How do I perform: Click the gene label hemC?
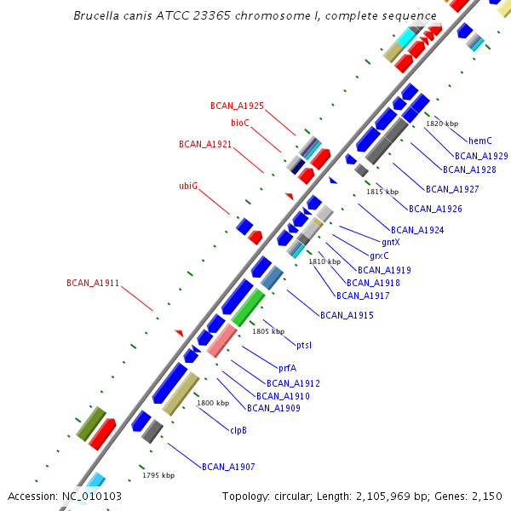coord(480,141)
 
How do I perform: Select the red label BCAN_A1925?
coord(237,106)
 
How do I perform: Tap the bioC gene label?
coord(240,123)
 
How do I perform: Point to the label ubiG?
coord(188,186)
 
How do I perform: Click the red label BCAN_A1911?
coord(93,283)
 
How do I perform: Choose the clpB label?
coord(238,430)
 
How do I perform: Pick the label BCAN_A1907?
coord(228,467)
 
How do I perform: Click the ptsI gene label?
coord(304,345)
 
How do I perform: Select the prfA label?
coord(288,368)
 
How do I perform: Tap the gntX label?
coord(390,243)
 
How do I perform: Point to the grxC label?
coord(380,255)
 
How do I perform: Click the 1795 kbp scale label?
coord(158,475)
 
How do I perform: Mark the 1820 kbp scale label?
coord(442,123)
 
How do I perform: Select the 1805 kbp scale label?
coord(268,330)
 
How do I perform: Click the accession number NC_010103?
coord(65,496)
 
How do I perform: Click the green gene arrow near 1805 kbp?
coord(249,307)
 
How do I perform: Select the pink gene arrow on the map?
coord(221,341)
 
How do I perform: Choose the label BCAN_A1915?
coord(347,315)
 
